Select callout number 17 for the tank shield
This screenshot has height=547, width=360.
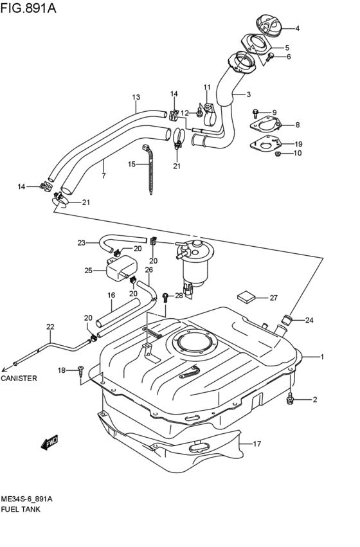(258, 443)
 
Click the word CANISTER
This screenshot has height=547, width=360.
(19, 379)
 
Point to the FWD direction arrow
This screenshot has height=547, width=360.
(49, 442)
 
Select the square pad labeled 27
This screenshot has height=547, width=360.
(245, 296)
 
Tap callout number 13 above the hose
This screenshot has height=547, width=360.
(136, 98)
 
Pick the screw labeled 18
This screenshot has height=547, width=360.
(81, 370)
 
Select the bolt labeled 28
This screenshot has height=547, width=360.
(166, 296)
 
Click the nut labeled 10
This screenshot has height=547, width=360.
(278, 153)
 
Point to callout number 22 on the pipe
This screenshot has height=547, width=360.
(50, 327)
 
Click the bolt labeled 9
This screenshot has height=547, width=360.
(256, 112)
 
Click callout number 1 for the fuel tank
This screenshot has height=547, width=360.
(323, 357)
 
